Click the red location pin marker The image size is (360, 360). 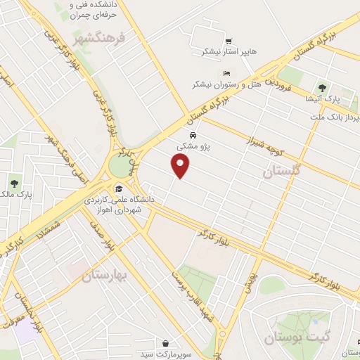[181, 166]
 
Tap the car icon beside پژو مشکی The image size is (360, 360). [192, 135]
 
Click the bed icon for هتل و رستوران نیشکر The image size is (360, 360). [226, 73]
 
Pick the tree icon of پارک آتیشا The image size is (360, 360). [322, 88]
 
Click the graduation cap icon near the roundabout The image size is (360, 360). [119, 189]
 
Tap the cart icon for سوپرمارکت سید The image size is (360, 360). [165, 343]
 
